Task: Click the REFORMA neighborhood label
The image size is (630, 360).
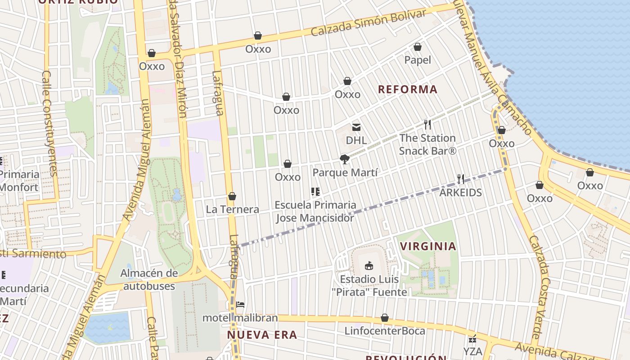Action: pyautogui.click(x=407, y=89)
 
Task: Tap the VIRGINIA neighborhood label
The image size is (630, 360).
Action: pyautogui.click(x=428, y=246)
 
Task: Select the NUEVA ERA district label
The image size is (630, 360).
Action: pyautogui.click(x=261, y=335)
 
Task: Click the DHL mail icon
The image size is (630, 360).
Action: pyautogui.click(x=356, y=127)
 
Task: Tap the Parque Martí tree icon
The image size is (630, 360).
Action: pyautogui.click(x=345, y=159)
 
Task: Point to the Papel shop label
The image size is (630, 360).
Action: pyautogui.click(x=417, y=60)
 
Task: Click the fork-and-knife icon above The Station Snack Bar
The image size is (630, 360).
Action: pyautogui.click(x=427, y=125)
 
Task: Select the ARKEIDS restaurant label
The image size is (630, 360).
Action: pyautogui.click(x=460, y=193)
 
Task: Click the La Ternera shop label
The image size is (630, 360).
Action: pyautogui.click(x=232, y=209)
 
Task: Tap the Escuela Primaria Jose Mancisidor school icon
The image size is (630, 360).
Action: pyautogui.click(x=315, y=192)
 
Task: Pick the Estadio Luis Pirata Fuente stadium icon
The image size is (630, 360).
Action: pyautogui.click(x=369, y=265)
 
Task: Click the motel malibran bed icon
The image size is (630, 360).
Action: pyautogui.click(x=240, y=305)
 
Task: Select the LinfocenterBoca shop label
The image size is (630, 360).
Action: pyautogui.click(x=384, y=331)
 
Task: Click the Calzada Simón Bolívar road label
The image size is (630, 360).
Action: pyautogui.click(x=368, y=23)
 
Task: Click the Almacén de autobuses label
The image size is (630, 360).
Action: pyautogui.click(x=149, y=279)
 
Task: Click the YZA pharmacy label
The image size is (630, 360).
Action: pyautogui.click(x=472, y=351)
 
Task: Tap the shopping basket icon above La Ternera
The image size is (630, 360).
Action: pyautogui.click(x=232, y=196)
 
